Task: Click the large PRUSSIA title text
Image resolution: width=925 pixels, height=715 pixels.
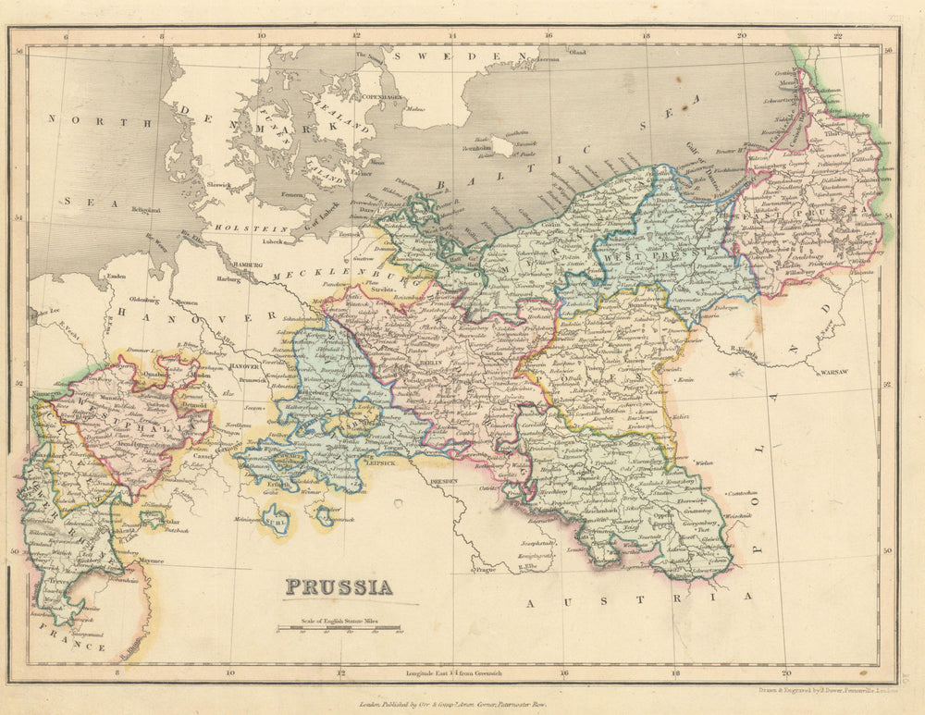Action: click(338, 586)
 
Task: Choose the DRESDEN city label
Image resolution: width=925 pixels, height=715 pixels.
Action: click(445, 482)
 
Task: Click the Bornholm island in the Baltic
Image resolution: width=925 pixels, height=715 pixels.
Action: click(501, 145)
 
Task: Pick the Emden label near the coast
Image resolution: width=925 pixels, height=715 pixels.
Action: click(117, 275)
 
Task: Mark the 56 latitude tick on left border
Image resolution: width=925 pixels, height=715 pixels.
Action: click(18, 52)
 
